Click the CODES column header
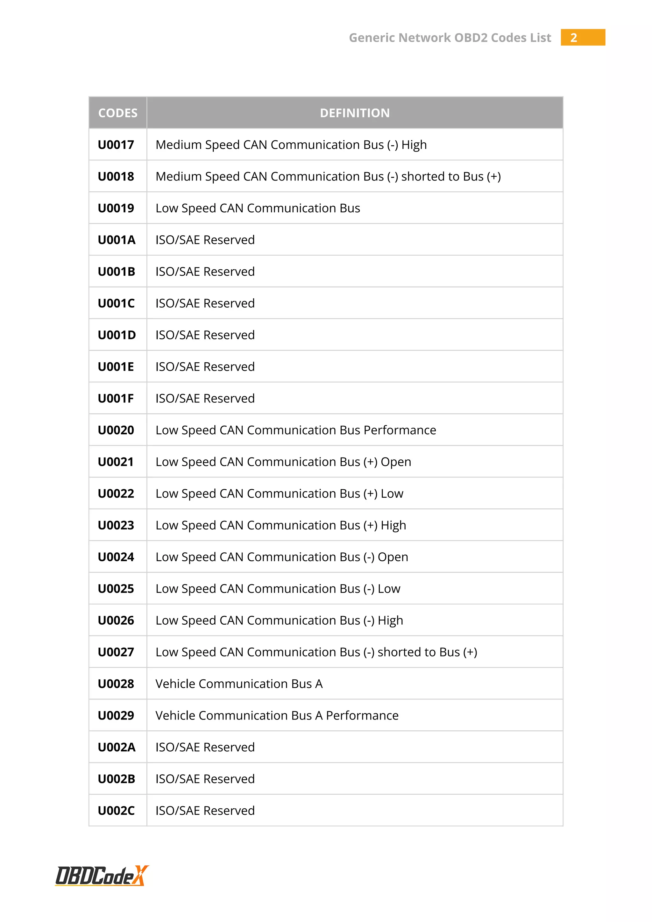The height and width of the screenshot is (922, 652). (x=117, y=113)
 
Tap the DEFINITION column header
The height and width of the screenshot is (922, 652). (x=355, y=113)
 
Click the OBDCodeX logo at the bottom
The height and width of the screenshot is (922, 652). (x=102, y=876)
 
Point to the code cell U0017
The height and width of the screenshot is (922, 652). (x=116, y=145)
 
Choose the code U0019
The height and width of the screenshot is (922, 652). (x=116, y=208)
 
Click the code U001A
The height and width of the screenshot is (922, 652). (x=117, y=240)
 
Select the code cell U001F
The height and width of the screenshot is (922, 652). (x=116, y=398)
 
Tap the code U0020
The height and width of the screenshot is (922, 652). (x=116, y=430)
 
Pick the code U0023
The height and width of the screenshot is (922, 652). (x=116, y=525)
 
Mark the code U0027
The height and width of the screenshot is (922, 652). (x=116, y=652)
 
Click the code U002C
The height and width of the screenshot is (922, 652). (x=117, y=811)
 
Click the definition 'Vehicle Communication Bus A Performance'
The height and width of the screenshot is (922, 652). (x=277, y=716)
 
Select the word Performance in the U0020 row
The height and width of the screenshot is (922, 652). (x=400, y=430)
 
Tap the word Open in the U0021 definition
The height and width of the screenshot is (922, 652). (x=396, y=462)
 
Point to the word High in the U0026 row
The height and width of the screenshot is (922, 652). (x=390, y=621)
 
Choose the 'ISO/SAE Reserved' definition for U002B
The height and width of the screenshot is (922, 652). (x=205, y=779)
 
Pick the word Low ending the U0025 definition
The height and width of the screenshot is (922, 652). (x=389, y=589)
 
